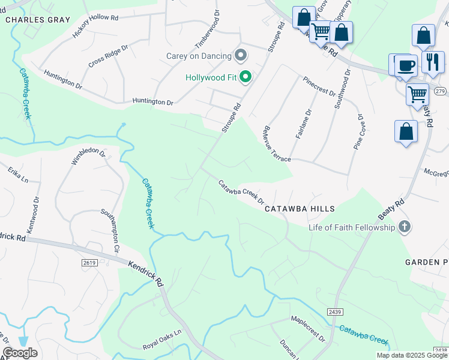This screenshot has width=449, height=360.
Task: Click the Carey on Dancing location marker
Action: click(241, 56)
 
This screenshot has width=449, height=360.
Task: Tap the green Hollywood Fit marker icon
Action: click(246, 77)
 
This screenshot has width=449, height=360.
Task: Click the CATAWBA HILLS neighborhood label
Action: click(300, 208)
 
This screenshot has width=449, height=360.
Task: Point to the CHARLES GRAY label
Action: click(31, 19)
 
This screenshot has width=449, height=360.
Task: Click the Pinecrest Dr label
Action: click(319, 86)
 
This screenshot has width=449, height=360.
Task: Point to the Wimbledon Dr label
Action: click(88, 157)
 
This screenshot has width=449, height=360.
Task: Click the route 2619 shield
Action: click(89, 263)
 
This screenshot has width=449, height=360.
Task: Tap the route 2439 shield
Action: click(335, 311)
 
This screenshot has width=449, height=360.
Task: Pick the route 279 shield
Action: click(440, 91)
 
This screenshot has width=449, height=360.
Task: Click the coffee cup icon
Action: click(405, 65)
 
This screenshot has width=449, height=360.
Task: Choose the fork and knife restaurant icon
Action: click(432, 61)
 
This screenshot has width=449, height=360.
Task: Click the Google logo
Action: click(20, 353)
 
